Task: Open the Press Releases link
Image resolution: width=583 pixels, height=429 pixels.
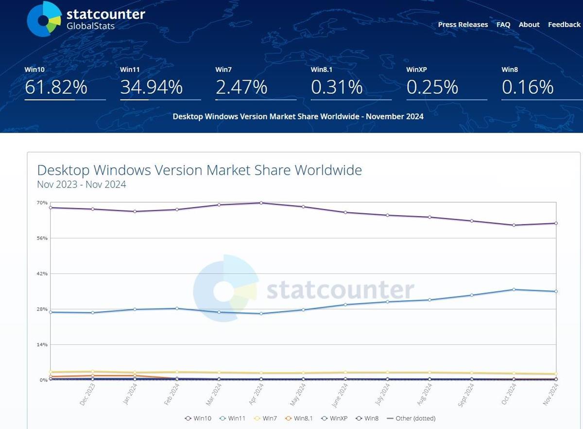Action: (x=463, y=24)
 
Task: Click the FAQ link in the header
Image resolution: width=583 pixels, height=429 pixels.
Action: (x=503, y=24)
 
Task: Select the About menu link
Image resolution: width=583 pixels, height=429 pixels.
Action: (x=529, y=24)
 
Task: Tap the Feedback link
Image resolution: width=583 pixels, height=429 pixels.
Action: (x=564, y=24)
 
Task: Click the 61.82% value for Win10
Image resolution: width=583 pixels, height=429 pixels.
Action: (x=56, y=87)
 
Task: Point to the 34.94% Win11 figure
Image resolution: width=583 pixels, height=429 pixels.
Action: (x=151, y=87)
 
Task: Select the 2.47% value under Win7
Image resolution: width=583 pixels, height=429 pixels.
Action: (x=241, y=87)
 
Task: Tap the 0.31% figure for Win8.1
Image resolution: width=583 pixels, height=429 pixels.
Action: (x=337, y=87)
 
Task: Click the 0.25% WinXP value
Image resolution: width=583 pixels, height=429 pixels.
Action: (x=432, y=87)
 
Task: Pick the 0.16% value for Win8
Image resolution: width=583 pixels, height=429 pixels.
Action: (x=527, y=87)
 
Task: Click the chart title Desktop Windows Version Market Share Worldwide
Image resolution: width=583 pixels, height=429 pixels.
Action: (x=199, y=171)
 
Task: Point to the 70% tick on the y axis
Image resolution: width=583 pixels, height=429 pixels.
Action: (x=42, y=203)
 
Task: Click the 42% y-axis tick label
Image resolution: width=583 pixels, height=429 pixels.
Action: (x=42, y=274)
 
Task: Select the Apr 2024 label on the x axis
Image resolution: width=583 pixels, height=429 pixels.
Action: (x=257, y=394)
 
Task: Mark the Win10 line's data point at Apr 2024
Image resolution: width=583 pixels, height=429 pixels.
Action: (x=261, y=203)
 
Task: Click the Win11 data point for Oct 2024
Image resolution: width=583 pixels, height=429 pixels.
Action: (x=514, y=290)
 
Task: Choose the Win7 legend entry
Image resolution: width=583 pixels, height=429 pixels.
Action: (x=266, y=418)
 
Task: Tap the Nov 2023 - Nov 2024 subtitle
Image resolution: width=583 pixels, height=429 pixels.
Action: (x=81, y=185)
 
